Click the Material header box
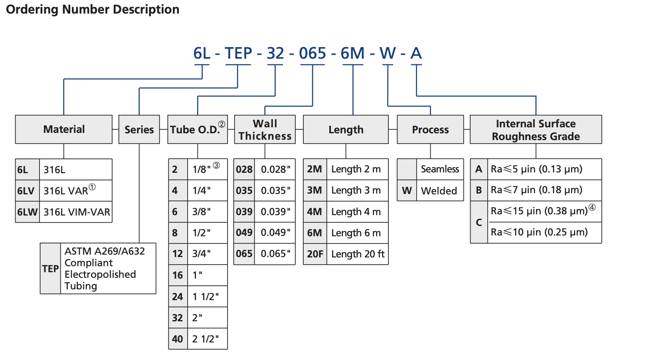tap(64, 129)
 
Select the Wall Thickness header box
tap(265, 129)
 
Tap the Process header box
tap(430, 129)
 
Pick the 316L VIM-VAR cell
tap(76, 212)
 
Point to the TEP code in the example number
tap(238, 53)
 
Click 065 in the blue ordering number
tap(313, 53)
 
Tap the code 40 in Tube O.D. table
tap(178, 339)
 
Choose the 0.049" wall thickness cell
tap(275, 233)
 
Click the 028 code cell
tap(244, 169)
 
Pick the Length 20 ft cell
tap(358, 254)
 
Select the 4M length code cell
tap(315, 212)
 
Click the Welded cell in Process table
tap(439, 191)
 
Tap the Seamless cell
tap(440, 169)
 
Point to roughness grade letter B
tap(479, 190)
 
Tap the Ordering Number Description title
tap(93, 9)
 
